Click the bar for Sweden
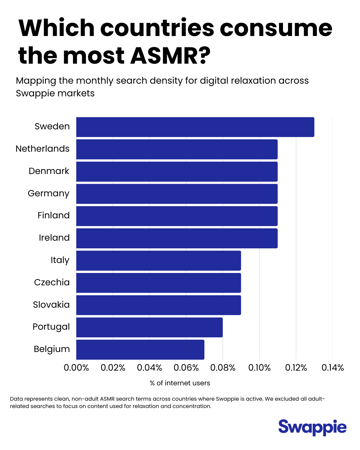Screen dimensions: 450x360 [195, 127]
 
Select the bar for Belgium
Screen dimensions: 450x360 [140, 350]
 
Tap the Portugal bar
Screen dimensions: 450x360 [149, 327]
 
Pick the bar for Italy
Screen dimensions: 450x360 [158, 261]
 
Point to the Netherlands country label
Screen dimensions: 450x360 [43, 149]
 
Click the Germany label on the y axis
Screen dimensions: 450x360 [49, 193]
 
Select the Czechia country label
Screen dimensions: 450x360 [52, 282]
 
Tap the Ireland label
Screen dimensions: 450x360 [54, 238]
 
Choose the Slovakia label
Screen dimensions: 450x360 [51, 305]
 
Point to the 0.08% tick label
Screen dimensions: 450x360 [223, 368]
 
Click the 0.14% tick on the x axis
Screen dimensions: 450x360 [332, 368]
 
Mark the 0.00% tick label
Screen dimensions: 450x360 [76, 368]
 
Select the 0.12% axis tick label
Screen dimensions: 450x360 [296, 368]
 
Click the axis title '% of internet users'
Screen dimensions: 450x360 [180, 383]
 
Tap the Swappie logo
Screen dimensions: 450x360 [312, 427]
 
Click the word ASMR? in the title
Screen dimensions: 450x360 [170, 55]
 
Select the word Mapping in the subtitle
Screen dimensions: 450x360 [36, 81]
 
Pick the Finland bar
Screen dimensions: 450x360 [177, 216]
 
